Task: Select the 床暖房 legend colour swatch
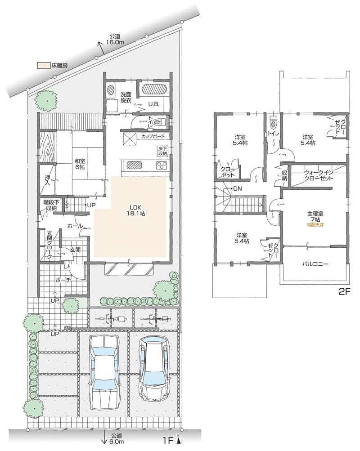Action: click(x=43, y=66)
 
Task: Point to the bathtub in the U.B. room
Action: click(x=154, y=89)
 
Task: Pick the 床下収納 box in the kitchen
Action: click(x=162, y=151)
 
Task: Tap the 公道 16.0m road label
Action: click(x=116, y=39)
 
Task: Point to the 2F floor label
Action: click(x=344, y=291)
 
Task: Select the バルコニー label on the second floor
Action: click(x=315, y=264)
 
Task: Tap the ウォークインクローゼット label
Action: click(x=318, y=175)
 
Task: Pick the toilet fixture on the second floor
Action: click(x=273, y=122)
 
